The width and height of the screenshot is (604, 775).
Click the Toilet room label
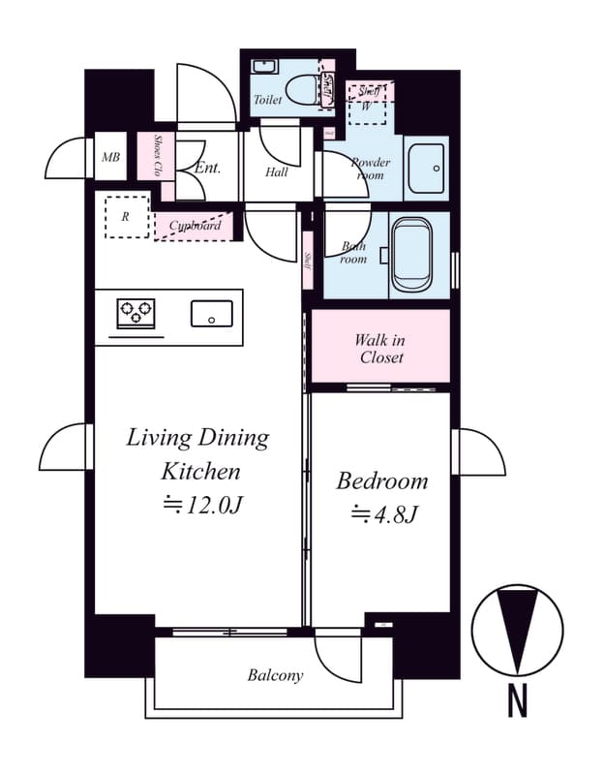tap(268, 100)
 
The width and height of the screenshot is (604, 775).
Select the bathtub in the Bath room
tap(413, 258)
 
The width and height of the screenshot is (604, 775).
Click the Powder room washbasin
tap(426, 168)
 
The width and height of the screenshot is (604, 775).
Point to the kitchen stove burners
tap(136, 313)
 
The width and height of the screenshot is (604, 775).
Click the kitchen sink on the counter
tap(211, 314)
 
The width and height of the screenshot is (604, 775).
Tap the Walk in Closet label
tap(380, 348)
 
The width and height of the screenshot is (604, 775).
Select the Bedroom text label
tap(381, 480)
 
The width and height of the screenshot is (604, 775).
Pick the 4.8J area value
tap(383, 513)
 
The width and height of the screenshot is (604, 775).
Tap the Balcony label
tap(275, 675)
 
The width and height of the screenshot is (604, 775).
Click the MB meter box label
tap(110, 158)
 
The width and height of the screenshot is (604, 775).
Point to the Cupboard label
tap(195, 226)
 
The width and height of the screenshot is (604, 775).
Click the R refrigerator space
tap(125, 217)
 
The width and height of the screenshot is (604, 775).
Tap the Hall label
tap(277, 172)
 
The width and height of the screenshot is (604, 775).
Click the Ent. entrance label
tap(207, 168)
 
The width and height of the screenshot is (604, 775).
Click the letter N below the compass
tap(518, 700)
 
